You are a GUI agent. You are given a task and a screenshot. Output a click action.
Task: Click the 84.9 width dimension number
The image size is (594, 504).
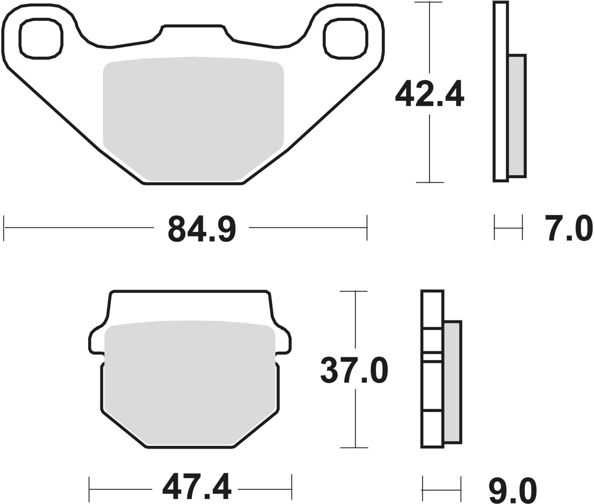tap(202, 228)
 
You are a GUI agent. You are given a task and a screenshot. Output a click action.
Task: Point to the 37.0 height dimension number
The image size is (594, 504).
tap(355, 370)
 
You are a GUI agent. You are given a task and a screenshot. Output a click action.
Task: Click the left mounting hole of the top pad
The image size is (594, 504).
tap(41, 39)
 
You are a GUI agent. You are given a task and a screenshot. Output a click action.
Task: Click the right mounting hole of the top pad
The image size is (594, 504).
tap(346, 39)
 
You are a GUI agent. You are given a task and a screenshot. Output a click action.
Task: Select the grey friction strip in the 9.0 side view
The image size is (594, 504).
tap(452, 382)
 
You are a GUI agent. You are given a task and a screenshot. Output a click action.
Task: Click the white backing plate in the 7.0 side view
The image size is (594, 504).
tap(500, 92)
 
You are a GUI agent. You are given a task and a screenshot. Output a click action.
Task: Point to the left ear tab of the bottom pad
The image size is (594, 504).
tap(96, 340)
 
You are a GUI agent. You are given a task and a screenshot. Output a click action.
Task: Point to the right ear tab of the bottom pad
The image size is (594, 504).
tap(284, 340)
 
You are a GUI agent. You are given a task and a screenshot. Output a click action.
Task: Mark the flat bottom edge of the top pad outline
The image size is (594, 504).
tap(193, 184)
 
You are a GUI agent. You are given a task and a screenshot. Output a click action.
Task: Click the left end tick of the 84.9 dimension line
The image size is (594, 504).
tap(4, 228)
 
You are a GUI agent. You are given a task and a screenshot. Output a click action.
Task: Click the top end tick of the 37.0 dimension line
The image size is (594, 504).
tap(354, 291)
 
